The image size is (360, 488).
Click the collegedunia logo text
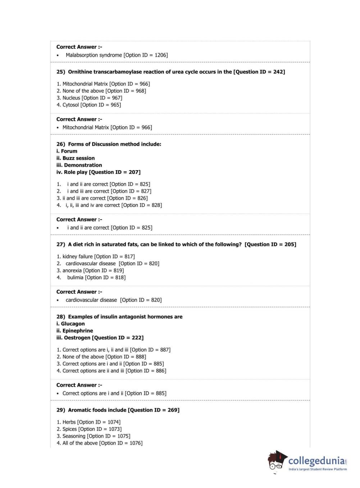(x=316, y=461)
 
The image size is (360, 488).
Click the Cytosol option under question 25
(x=91, y=105)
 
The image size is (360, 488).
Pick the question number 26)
(x=61, y=144)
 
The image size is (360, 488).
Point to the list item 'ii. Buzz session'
(x=76, y=158)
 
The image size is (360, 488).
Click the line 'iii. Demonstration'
(x=79, y=165)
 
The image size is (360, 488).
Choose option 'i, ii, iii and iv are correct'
(x=113, y=205)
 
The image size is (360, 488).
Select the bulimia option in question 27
(x=96, y=277)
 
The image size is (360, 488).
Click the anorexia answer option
(x=93, y=271)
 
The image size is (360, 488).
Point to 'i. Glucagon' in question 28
(x=70, y=324)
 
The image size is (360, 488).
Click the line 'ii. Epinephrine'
(x=74, y=331)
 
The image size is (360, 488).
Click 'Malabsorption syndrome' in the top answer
(x=94, y=55)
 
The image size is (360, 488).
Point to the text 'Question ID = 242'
(x=259, y=72)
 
